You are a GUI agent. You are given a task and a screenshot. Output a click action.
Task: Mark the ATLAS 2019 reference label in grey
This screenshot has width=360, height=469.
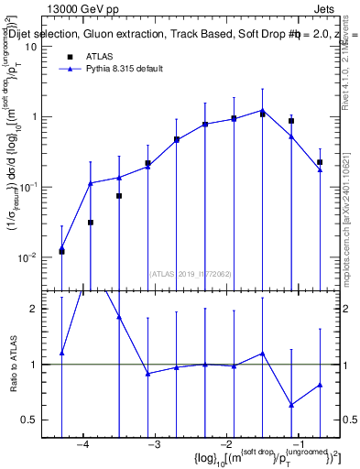(x=189, y=273)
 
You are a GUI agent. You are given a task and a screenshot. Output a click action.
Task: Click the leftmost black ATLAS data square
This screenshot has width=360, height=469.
(x=61, y=251)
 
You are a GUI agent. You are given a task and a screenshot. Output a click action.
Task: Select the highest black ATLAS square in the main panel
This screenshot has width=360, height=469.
(x=263, y=114)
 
